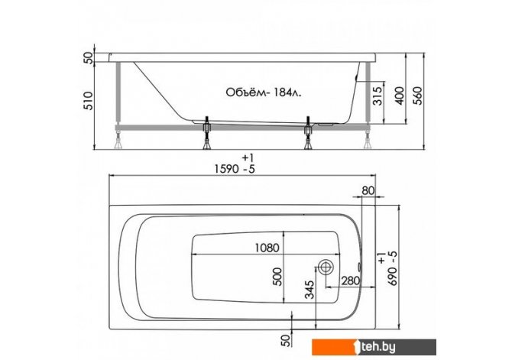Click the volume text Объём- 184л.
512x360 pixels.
[x=264, y=92]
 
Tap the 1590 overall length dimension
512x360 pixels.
[x=235, y=169]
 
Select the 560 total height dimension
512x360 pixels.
[x=418, y=96]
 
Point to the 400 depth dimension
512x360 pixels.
[x=400, y=96]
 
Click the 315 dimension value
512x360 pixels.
[x=378, y=96]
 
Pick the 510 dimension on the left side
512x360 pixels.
[x=89, y=100]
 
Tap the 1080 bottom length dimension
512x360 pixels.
[x=267, y=248]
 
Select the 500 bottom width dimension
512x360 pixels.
[x=277, y=277]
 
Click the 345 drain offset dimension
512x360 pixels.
[x=309, y=289]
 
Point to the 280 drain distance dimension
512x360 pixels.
[x=350, y=281]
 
